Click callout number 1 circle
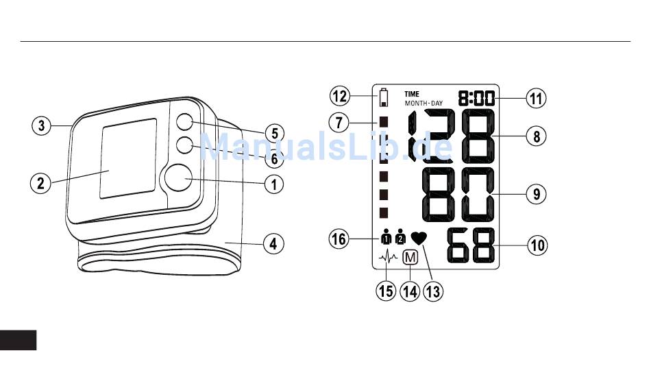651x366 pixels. click(274, 184)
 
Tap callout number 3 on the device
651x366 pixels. click(42, 125)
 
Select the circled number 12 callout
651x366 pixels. click(339, 95)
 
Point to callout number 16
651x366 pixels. click(339, 239)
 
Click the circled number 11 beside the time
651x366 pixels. click(537, 97)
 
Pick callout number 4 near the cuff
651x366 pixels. click(274, 243)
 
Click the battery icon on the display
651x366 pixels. click(383, 97)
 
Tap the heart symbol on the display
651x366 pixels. click(419, 239)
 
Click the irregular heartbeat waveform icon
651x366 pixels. click(388, 258)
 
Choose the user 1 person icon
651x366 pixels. click(385, 239)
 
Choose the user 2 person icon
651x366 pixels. click(400, 239)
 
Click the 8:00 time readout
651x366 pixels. click(478, 98)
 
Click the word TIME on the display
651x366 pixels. click(412, 94)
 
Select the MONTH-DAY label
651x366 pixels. click(423, 103)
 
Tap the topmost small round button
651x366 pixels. click(183, 122)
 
